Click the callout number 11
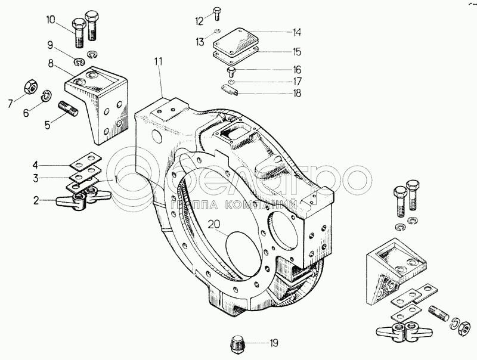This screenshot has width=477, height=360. (158, 61)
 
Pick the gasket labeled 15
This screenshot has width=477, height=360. (234, 54)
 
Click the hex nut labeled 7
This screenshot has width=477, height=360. (27, 86)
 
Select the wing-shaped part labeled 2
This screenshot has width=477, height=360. (71, 200)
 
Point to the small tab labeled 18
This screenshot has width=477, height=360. (230, 90)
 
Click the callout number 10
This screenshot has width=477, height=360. (50, 20)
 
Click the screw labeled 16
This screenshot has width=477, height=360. (231, 71)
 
